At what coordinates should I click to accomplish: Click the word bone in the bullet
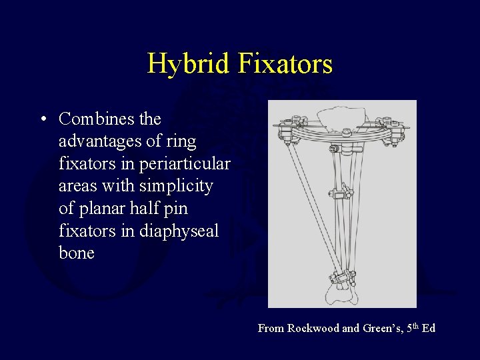pos(77,253)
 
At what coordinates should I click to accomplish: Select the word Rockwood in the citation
pos(313,328)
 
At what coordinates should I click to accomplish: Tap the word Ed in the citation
pos(429,328)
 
